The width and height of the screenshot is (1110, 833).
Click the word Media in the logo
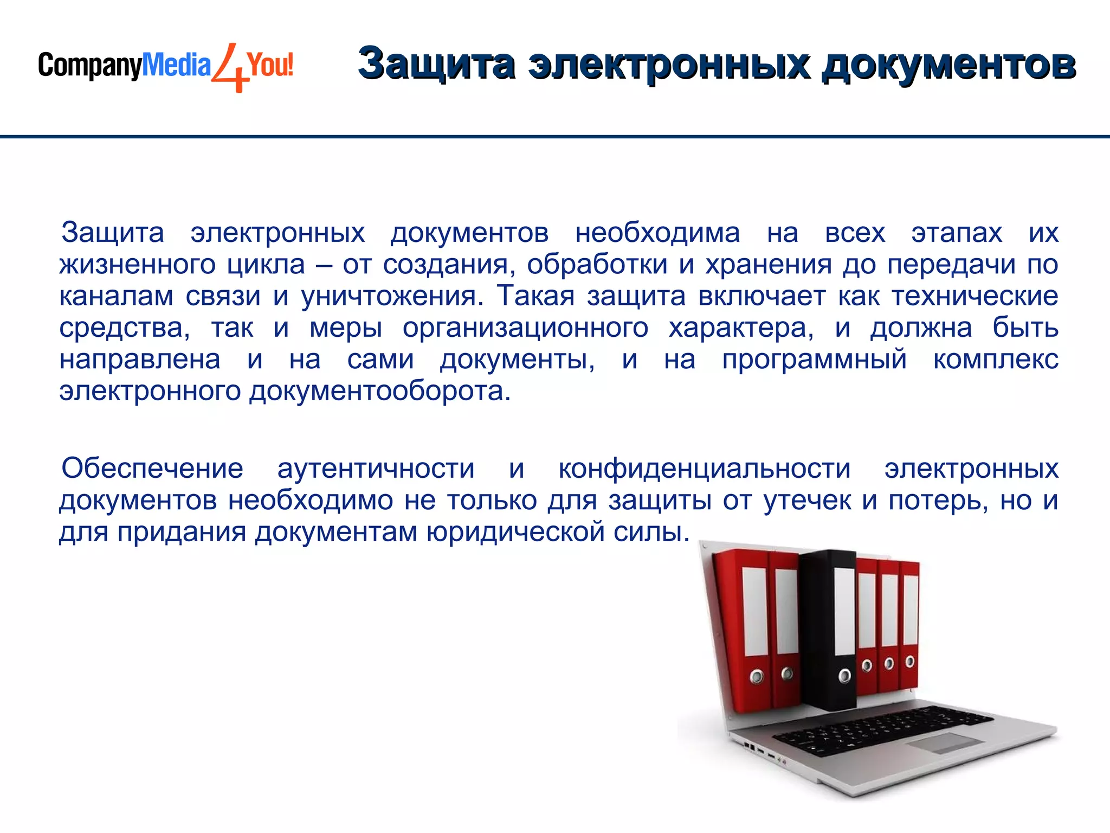176,66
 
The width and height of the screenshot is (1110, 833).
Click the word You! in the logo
270,65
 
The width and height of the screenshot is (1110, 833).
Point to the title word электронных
669,64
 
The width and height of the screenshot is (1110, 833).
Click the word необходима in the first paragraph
657,233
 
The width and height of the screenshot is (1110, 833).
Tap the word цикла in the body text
266,265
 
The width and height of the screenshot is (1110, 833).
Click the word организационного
525,328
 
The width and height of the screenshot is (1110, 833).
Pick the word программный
814,360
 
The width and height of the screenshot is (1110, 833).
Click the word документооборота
380,391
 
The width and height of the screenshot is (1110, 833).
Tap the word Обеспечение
152,469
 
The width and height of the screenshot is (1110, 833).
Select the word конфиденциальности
705,469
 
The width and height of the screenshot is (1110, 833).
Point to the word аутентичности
376,469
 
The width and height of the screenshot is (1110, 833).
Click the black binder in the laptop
828,629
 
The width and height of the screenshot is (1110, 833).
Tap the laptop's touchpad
945,742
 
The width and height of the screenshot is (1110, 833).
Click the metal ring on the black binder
844,676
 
